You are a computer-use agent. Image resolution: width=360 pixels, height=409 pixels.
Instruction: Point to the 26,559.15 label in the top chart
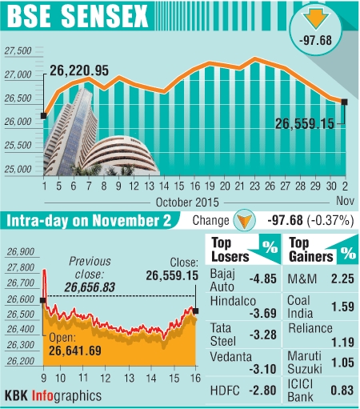point(304,124)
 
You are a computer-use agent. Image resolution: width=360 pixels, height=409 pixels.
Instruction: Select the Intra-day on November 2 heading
point(93,220)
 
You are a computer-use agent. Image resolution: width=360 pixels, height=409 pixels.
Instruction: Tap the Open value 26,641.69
point(89,349)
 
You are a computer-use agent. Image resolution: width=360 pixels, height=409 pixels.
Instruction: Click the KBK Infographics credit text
point(53,395)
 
